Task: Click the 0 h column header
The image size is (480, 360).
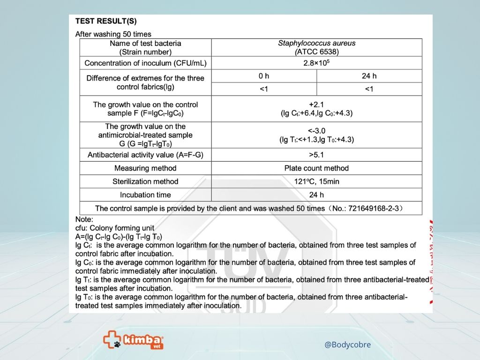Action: pos(264,76)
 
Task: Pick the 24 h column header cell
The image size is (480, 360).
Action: pos(369,76)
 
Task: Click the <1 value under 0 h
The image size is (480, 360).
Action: pos(264,89)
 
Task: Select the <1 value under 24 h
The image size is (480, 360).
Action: pos(369,89)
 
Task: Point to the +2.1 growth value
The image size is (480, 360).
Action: pos(316,105)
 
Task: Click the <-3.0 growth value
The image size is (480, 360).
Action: pos(316,131)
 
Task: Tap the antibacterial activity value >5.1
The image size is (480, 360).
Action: pos(316,155)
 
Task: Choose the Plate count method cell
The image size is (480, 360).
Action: pos(316,168)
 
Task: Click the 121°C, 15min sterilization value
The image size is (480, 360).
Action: pos(316,181)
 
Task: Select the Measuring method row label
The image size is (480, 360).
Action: pos(145,168)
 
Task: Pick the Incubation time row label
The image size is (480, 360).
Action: pos(145,195)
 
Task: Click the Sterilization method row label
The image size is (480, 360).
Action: pos(145,181)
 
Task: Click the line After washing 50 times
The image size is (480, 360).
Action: pos(113,34)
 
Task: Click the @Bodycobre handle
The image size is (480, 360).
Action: pos(347,345)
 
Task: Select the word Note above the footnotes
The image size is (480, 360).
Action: pos(84,219)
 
